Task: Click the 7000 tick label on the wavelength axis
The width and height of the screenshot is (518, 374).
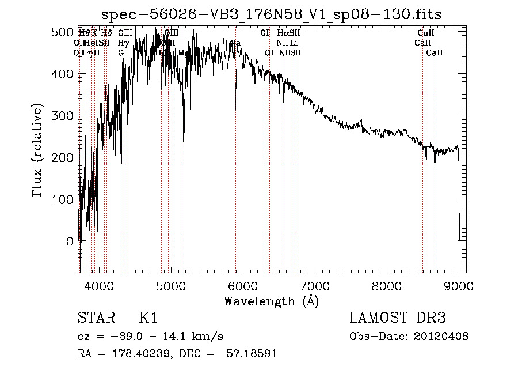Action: tap(314, 286)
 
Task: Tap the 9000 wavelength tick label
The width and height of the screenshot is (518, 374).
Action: tap(458, 286)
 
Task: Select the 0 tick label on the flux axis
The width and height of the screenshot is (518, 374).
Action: tap(70, 241)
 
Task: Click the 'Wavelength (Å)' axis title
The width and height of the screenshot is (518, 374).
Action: tap(271, 301)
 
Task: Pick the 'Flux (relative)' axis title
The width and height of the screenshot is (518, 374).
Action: tap(39, 151)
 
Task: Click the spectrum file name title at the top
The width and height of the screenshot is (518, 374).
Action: tap(271, 14)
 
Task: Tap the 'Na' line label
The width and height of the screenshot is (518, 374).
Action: tap(235, 43)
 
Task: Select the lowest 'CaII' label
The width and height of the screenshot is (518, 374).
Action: tap(435, 52)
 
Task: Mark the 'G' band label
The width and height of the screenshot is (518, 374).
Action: tap(121, 52)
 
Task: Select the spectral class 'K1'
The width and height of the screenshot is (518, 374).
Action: tap(148, 319)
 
